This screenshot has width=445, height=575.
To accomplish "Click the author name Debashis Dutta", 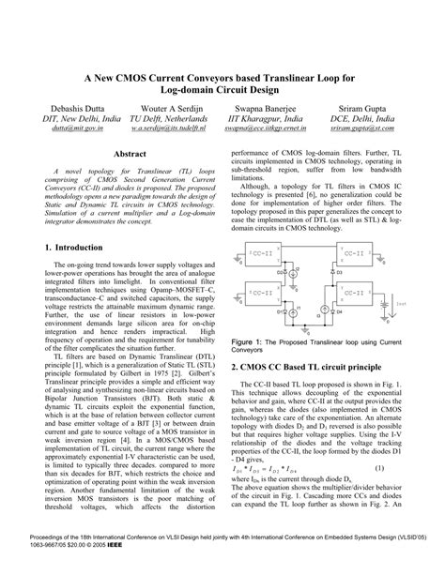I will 66,109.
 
